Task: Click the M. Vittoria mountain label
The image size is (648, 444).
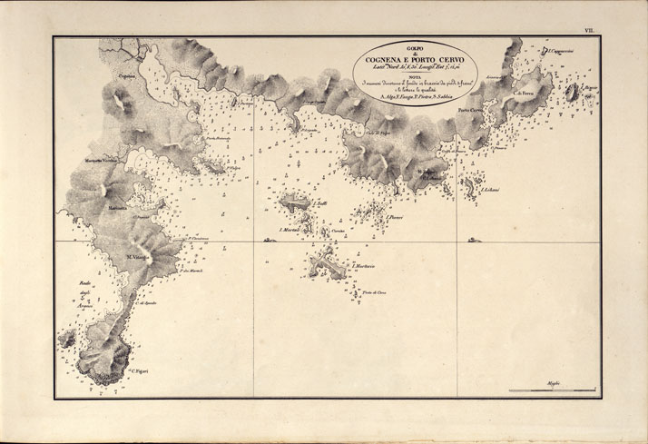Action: click(x=137, y=257)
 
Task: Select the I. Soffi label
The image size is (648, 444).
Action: click(x=321, y=204)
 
